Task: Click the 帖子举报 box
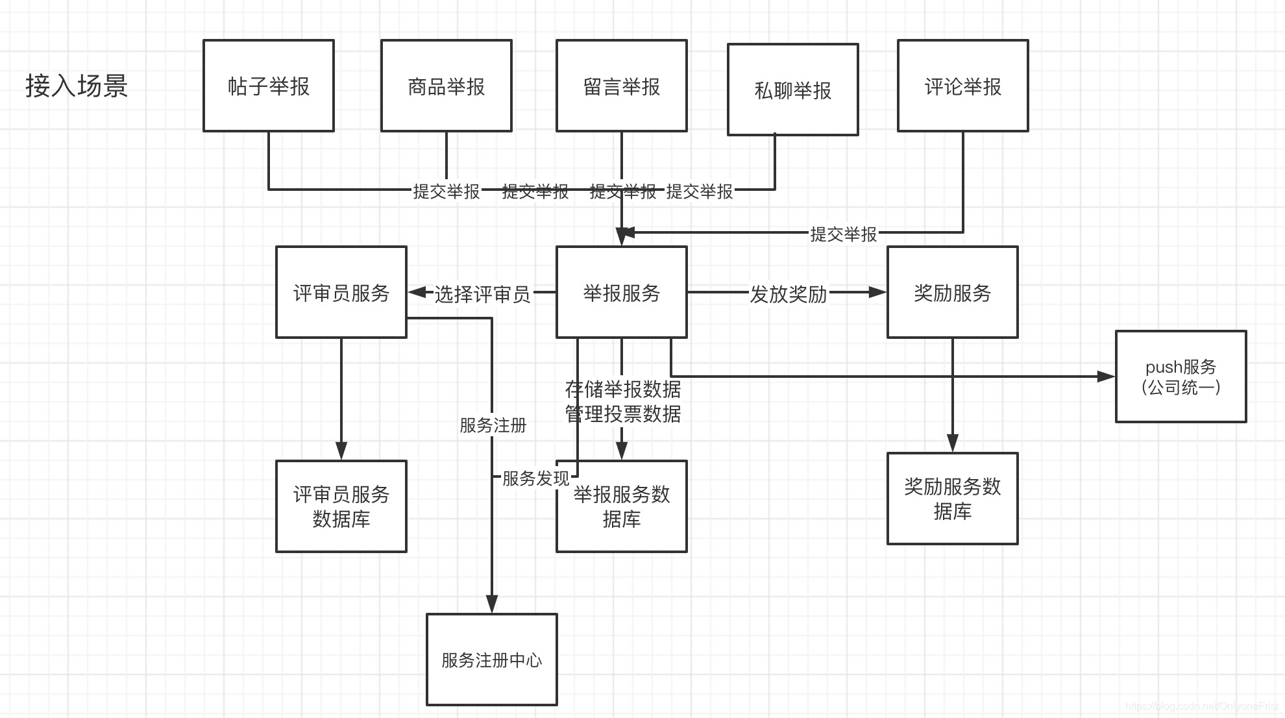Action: click(x=269, y=86)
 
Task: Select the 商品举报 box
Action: click(x=447, y=86)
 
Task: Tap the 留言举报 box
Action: click(x=622, y=86)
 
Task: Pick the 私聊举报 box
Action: click(x=793, y=90)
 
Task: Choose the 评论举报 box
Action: click(x=963, y=86)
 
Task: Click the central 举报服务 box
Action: click(x=622, y=292)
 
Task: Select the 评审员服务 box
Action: click(x=341, y=292)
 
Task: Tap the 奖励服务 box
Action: click(x=953, y=292)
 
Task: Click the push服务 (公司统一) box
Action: click(x=1181, y=377)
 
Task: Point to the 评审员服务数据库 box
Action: click(x=341, y=506)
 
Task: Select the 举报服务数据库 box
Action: click(x=622, y=506)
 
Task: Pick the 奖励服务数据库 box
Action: click(x=953, y=499)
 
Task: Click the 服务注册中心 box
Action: click(x=492, y=660)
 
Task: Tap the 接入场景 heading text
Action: click(x=77, y=86)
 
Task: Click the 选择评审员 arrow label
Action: click(x=482, y=294)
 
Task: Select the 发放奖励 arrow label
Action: click(x=789, y=294)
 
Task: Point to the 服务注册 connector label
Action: click(x=493, y=425)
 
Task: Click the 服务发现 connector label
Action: click(x=535, y=478)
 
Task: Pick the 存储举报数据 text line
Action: click(x=623, y=389)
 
